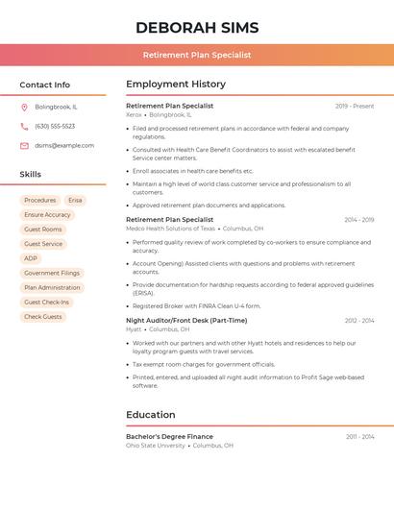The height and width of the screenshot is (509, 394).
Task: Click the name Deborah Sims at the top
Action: coord(197,27)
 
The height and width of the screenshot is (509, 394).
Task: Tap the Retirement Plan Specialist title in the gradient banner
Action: coord(197,55)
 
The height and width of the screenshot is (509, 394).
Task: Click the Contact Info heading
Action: coord(45,85)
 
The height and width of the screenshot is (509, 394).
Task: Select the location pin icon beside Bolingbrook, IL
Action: coord(24,107)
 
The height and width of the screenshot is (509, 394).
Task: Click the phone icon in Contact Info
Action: coord(24,126)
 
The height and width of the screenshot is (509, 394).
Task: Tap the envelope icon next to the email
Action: coord(24,145)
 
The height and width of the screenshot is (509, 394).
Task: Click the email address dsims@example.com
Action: coord(64,145)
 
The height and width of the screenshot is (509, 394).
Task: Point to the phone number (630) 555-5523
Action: coord(55,126)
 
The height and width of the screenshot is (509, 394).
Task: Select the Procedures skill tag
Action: coord(39,201)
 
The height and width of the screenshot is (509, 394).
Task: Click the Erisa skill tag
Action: coord(75,201)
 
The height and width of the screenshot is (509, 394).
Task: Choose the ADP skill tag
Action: coord(31,258)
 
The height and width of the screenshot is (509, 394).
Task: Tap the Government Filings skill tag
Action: coord(51,273)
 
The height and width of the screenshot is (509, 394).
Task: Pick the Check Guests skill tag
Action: coord(43,316)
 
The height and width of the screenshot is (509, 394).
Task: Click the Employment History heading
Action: coord(176,85)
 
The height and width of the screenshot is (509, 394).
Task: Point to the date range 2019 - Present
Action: coord(355,106)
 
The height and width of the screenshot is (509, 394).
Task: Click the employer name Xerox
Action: coord(134,114)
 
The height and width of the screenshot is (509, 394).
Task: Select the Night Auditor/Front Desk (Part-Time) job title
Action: coord(186,320)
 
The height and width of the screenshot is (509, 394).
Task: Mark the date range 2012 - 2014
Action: coord(359,320)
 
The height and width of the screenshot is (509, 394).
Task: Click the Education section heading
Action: coord(150,415)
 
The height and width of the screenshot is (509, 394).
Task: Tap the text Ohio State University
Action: coord(156,446)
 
